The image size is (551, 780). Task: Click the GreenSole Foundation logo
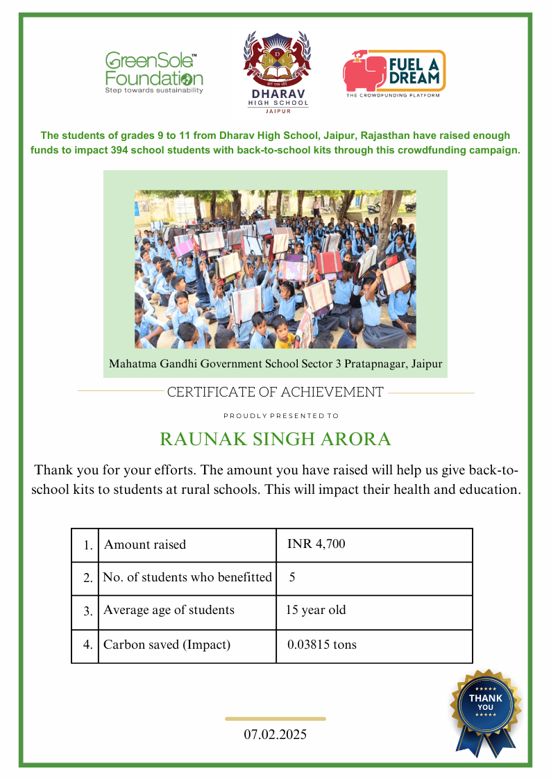coord(153,72)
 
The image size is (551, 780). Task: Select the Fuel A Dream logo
coord(393,73)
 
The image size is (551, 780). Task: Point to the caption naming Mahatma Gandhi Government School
coord(275,363)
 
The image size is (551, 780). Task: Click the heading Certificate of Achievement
coord(275,392)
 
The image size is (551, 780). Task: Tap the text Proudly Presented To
coord(280,416)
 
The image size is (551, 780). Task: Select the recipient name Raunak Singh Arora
coord(275,440)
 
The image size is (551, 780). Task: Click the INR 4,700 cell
coord(316,544)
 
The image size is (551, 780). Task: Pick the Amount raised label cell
coord(145,545)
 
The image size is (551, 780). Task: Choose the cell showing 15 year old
coord(316,611)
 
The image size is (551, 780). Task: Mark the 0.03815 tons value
coord(322,645)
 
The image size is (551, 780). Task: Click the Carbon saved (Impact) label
coord(167,645)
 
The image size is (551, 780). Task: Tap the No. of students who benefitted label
coord(187,577)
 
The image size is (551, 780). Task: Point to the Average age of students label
coord(169,611)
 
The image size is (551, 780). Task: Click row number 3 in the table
coord(87,612)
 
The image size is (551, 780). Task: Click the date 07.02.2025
coord(275,734)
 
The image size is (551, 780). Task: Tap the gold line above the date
coord(275,719)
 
